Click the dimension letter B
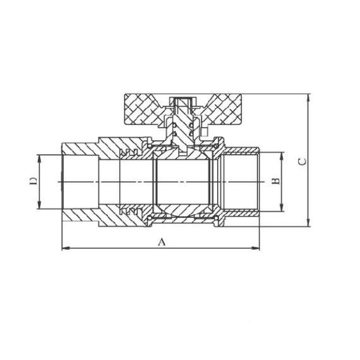(x=275, y=181)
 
